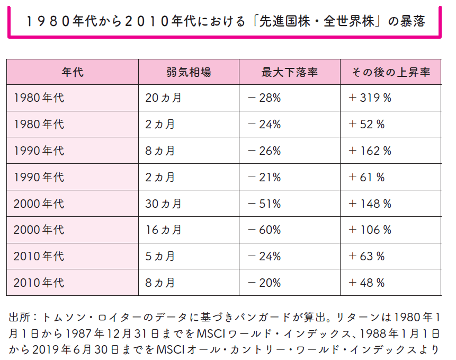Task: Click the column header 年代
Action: tap(73, 72)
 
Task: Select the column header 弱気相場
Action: tap(189, 72)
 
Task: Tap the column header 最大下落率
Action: tap(289, 72)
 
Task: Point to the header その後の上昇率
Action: tap(391, 72)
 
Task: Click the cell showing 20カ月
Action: tap(164, 98)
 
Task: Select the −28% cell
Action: tap(264, 98)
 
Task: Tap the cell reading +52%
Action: tap(366, 125)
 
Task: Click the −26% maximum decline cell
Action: tap(264, 151)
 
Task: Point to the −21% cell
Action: tap(264, 178)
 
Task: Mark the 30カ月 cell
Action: tap(164, 204)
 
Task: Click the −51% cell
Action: tap(264, 204)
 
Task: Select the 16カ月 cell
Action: tap(164, 230)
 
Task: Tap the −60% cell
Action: tap(264, 230)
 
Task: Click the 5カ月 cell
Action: tap(160, 257)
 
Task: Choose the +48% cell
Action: tap(366, 283)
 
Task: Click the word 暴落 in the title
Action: tap(407, 22)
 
